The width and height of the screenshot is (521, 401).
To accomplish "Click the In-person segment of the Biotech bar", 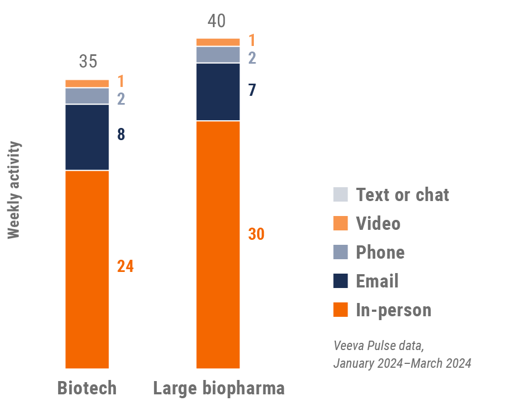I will [87, 269].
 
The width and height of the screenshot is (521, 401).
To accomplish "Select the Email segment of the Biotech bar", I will [87, 137].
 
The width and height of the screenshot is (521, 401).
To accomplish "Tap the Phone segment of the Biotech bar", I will [87, 96].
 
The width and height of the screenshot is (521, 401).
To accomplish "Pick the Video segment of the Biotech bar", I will [87, 84].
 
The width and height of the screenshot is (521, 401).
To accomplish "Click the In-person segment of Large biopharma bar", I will [218, 244].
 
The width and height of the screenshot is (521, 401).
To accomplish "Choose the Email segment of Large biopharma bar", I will [218, 91].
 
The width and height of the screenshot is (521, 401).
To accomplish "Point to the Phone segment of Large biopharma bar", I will [218, 55].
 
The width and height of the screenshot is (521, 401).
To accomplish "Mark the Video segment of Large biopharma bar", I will [218, 42].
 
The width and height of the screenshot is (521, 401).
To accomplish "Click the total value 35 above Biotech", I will [88, 61].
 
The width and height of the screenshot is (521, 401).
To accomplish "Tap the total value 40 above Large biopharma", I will [217, 21].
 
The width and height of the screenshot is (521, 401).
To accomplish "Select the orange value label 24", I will [125, 266].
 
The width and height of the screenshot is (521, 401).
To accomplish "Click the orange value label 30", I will [256, 234].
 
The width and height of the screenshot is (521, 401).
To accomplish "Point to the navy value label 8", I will [121, 135].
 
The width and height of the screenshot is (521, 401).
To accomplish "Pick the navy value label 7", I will [252, 90].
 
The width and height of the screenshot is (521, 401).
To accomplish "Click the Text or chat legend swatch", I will [340, 194].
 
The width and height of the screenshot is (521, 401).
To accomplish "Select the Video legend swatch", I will [340, 223].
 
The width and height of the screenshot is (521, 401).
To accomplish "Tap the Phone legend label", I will [380, 253].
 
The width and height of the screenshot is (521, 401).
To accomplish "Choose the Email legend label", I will [377, 281].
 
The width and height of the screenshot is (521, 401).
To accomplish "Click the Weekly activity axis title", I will [14, 190].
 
